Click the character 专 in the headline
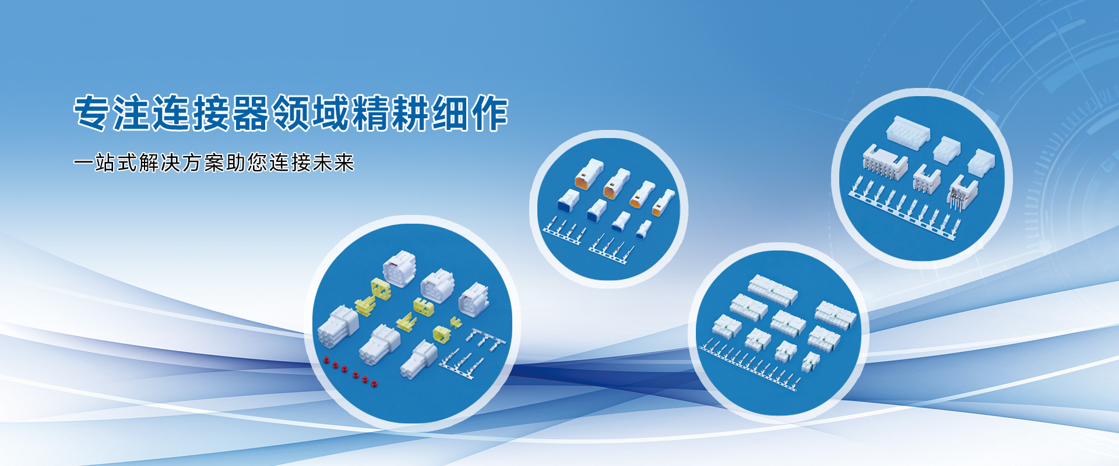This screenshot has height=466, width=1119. coord(92,113)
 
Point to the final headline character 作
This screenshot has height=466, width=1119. coord(490,113)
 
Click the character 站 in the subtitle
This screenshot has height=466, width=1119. coord(105,163)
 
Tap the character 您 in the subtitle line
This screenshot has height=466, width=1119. coord(257,163)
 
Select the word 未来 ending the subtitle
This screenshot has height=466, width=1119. coord(333,163)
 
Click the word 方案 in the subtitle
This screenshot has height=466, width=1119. coord(203,163)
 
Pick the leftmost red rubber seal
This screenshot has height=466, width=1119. coord(326,359)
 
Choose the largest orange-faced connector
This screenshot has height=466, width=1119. coord(589,174)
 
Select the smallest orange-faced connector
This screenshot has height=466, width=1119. coord(663,203)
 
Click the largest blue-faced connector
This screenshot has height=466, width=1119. coord(568,200)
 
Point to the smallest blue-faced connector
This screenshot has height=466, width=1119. coord(643,229)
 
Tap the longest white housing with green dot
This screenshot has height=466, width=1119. coord(773,290)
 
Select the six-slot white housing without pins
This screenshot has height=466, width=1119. coord(907,130)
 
